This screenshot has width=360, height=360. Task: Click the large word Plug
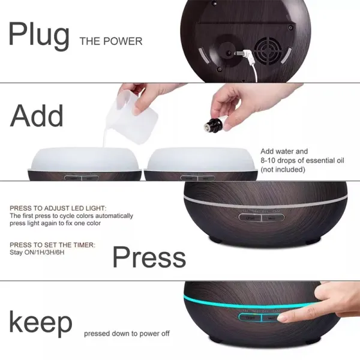pyautogui.click(x=39, y=36)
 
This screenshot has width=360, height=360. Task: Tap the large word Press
pyautogui.click(x=149, y=257)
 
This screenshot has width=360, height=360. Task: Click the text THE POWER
pyautogui.click(x=111, y=41)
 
